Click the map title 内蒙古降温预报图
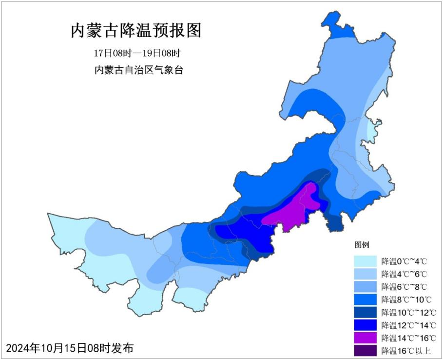(136, 31)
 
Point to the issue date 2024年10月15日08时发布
(69, 348)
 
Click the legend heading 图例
(362, 245)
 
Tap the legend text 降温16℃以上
(404, 350)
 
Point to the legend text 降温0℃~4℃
(404, 261)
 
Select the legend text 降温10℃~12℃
(408, 312)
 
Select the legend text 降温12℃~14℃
(408, 325)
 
